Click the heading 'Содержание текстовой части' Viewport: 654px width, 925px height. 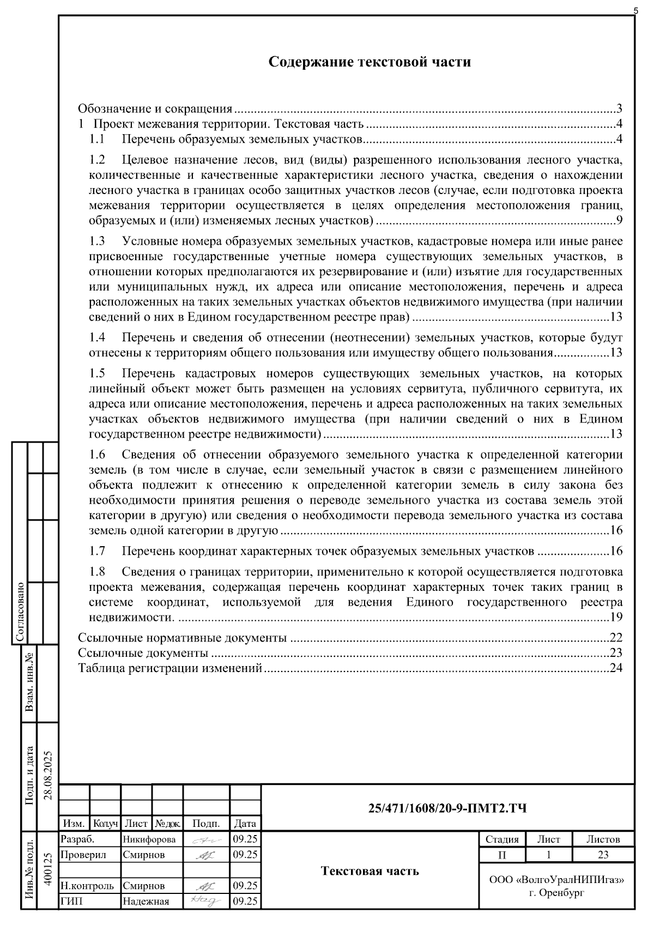click(x=370, y=62)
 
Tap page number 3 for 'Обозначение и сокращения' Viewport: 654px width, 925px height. click(x=619, y=108)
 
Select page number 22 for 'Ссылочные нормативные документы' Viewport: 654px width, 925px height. click(x=616, y=637)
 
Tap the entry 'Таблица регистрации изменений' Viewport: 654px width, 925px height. click(x=170, y=668)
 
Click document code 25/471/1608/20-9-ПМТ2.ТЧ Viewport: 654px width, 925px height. click(x=447, y=808)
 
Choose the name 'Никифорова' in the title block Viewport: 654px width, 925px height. click(x=149, y=839)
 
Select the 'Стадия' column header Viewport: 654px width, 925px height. click(x=502, y=839)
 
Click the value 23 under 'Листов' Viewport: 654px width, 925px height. click(x=602, y=854)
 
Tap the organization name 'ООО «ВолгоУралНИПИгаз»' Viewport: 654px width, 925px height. click(x=556, y=880)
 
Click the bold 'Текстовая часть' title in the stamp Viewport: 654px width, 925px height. click(x=370, y=870)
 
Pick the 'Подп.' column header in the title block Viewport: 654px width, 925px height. click(x=206, y=824)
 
